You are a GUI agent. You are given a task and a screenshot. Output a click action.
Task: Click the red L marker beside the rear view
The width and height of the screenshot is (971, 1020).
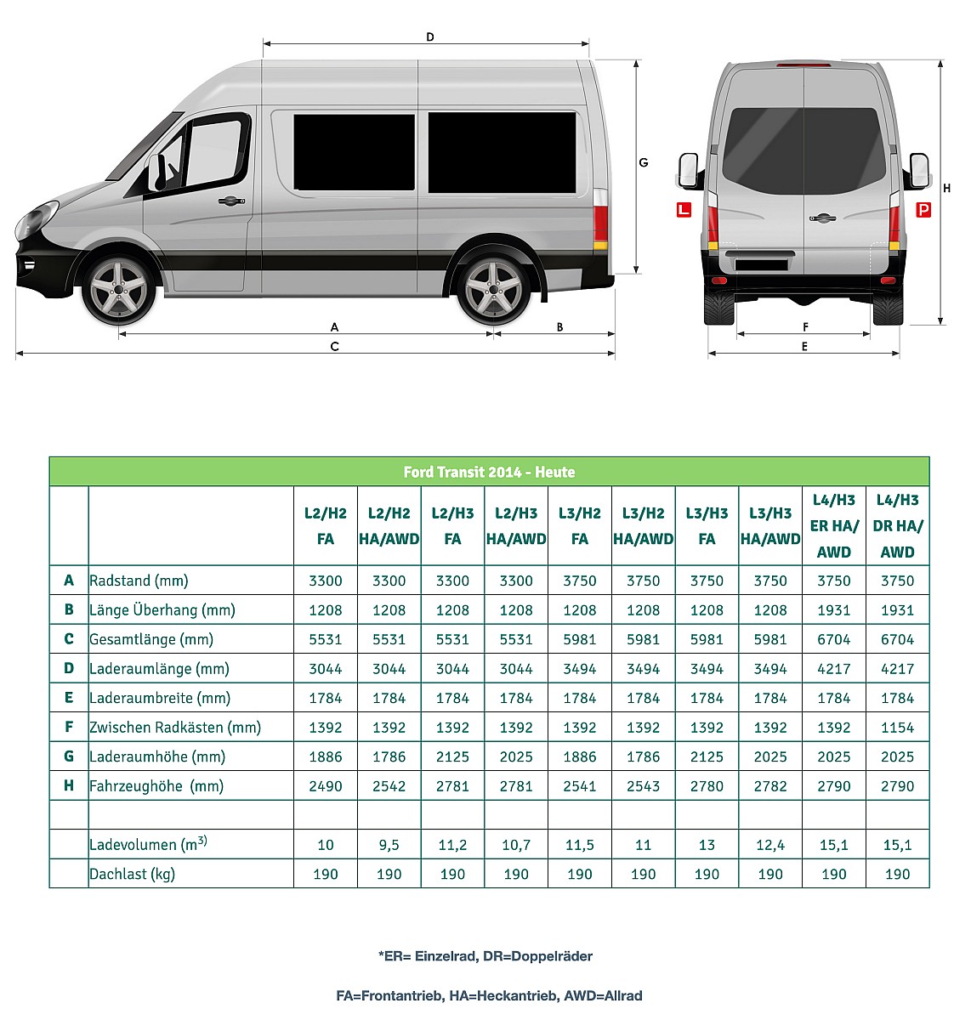point(684,209)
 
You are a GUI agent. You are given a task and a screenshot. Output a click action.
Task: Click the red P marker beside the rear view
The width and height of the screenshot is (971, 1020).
point(923,209)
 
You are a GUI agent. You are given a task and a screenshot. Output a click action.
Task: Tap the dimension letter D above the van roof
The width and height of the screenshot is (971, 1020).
point(430,37)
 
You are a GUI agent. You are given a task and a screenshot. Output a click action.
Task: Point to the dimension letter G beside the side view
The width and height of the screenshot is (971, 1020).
point(644,162)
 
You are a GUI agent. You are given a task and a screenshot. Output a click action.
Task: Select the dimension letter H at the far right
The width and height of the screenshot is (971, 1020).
point(947,188)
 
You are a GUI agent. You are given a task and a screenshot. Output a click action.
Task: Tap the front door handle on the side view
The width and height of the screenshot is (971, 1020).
point(230,201)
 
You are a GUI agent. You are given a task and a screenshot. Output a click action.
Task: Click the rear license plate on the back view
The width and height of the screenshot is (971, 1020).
point(761,264)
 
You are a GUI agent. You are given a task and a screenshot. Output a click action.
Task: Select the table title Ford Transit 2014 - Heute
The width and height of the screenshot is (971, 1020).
point(489,472)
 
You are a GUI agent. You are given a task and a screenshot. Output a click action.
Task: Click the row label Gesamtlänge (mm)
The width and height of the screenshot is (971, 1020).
point(151,639)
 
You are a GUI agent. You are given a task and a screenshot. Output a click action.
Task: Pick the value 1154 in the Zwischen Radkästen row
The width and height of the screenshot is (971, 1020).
point(897,728)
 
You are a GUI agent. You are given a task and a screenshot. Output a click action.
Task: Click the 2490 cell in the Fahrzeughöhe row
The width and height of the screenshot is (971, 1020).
point(326,786)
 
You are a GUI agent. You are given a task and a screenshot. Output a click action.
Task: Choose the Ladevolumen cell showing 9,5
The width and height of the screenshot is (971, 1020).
point(389,845)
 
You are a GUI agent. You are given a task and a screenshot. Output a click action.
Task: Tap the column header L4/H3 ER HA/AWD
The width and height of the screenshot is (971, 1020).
point(833,526)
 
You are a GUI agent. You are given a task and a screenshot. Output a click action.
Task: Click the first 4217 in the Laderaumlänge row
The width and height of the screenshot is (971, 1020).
point(833,669)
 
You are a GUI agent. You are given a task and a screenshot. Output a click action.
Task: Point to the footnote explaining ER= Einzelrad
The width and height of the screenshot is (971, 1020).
point(485,955)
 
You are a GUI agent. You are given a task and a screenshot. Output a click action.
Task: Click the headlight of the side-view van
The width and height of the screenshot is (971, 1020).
point(36,219)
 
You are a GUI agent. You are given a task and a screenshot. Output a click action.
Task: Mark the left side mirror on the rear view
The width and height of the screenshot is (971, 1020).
point(689,170)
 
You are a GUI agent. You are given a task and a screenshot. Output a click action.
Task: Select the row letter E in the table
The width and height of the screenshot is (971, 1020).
point(69,698)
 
